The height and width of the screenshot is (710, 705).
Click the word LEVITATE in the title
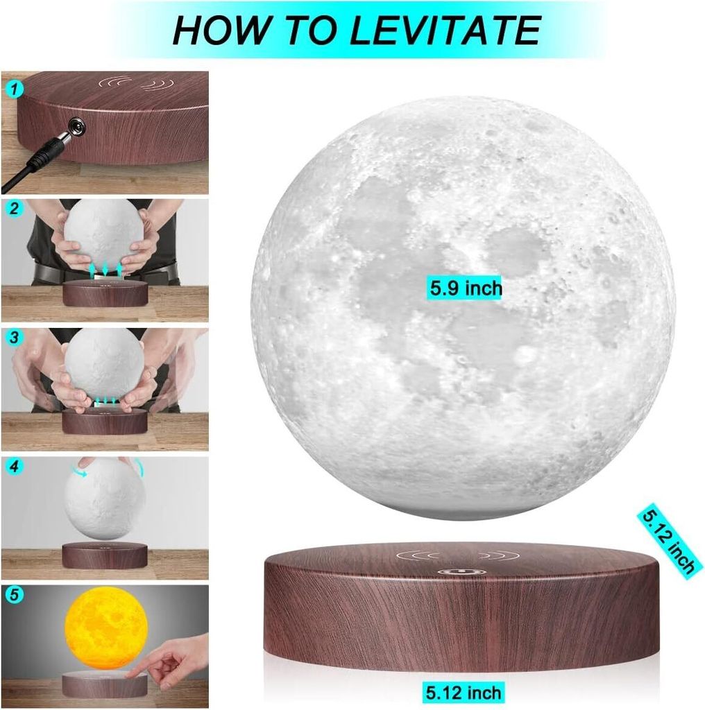click(445, 31)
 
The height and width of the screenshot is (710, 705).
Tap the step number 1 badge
click(14, 89)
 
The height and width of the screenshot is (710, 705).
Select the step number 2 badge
click(14, 208)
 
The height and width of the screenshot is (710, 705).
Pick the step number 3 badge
click(14, 338)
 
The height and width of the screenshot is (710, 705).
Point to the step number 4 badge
click(14, 466)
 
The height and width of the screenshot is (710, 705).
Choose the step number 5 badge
click(14, 594)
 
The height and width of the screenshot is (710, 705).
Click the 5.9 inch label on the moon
click(466, 288)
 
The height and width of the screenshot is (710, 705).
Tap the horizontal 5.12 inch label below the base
click(463, 693)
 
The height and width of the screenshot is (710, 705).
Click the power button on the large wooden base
click(461, 572)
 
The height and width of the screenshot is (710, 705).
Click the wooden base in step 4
click(105, 556)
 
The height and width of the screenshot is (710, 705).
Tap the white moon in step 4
click(105, 501)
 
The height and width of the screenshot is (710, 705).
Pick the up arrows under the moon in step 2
click(105, 271)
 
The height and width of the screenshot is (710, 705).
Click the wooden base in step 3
click(105, 422)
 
